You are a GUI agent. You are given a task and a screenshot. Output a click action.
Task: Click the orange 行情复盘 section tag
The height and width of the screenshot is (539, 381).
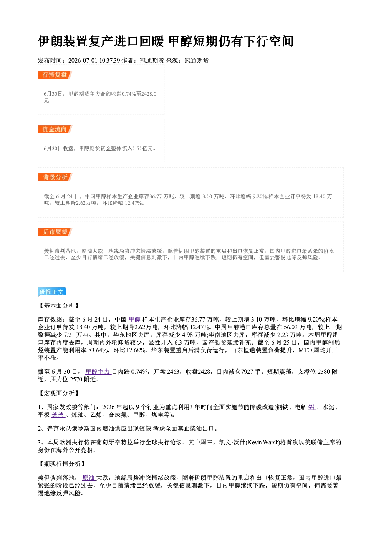55,75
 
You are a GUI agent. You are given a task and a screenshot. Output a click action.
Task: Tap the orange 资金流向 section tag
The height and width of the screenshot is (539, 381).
55,129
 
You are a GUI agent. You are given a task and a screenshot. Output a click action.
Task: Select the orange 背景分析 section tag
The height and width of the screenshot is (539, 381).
55,177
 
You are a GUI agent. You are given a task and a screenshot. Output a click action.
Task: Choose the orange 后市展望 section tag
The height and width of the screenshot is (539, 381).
55,232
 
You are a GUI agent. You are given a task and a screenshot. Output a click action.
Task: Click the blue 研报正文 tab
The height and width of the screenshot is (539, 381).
51,292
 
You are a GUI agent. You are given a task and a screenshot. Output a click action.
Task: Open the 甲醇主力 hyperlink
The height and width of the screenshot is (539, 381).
98,372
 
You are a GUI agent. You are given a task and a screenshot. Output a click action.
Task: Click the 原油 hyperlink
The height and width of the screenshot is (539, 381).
89,478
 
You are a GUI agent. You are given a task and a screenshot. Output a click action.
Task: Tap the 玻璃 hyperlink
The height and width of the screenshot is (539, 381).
58,415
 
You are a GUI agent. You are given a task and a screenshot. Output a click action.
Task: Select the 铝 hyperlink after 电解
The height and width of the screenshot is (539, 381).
312,407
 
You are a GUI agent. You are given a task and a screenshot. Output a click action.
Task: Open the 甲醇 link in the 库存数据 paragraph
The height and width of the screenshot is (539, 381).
135,319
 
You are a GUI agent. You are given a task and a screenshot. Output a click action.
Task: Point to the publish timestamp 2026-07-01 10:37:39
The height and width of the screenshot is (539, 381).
94,60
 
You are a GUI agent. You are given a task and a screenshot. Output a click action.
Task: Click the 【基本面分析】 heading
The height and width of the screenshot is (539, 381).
59,305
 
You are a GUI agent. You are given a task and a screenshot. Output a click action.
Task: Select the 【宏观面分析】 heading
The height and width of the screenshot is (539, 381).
59,393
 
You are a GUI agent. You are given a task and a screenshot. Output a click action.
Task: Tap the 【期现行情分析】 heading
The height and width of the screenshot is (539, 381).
62,464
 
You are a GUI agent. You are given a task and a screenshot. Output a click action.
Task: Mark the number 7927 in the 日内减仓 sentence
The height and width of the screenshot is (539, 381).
247,372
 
